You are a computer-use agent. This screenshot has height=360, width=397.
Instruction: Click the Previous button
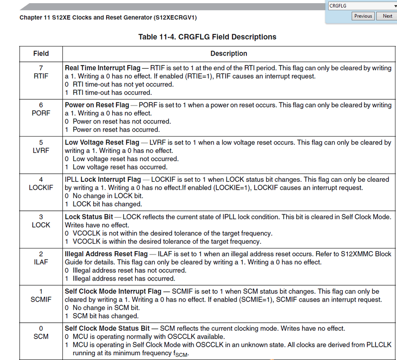[x=363, y=16]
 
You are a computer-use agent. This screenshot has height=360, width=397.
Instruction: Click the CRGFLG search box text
[x=338, y=6]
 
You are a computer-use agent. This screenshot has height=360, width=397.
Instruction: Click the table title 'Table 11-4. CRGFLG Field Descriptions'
[x=207, y=37]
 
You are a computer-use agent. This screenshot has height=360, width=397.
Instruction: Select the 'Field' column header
[x=41, y=54]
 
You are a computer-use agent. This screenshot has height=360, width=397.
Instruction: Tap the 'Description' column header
[x=229, y=54]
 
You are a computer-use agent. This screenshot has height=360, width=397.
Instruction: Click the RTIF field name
[x=41, y=76]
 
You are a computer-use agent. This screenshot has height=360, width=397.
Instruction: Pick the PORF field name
[x=41, y=113]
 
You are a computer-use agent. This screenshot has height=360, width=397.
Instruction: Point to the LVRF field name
[x=41, y=150]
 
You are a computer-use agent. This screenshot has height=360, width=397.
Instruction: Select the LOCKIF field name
[x=41, y=187]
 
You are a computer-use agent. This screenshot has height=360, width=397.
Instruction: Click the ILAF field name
[x=41, y=262]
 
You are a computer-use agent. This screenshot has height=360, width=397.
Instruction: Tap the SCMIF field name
[x=41, y=299]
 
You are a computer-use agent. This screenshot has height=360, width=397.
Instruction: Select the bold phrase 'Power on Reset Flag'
[x=97, y=105]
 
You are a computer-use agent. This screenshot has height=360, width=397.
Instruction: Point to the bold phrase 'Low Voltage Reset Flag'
[x=102, y=142]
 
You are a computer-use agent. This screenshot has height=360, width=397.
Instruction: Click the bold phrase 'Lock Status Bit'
[x=89, y=217]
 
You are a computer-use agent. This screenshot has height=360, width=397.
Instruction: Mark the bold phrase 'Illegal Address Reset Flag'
[x=106, y=254]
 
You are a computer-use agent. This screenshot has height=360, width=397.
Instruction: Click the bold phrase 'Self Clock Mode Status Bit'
[x=107, y=328]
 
